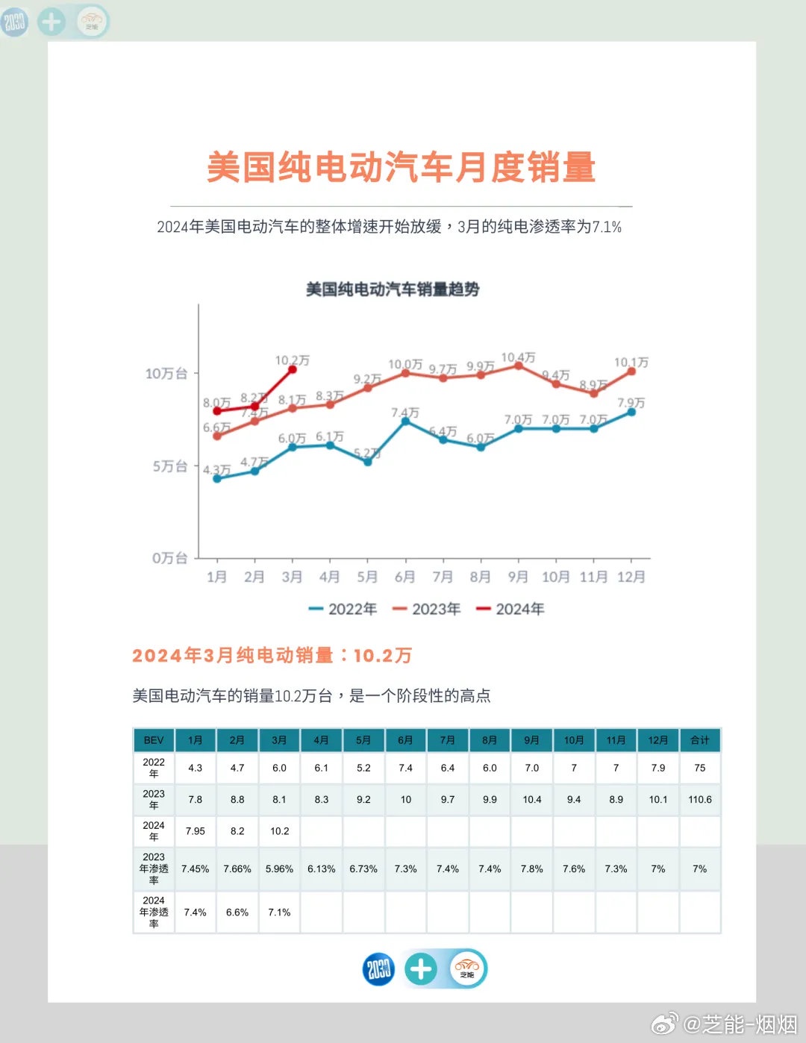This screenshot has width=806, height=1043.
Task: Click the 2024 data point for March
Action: click(x=293, y=369)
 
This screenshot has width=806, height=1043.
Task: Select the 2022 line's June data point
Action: click(x=405, y=421)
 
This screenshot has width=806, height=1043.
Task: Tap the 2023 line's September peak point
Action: click(x=518, y=366)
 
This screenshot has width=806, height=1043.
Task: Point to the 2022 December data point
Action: click(x=631, y=412)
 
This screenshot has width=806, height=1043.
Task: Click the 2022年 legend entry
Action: click(x=343, y=610)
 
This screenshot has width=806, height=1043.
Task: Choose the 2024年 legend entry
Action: click(x=510, y=610)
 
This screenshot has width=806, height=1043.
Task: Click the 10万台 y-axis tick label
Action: click(x=166, y=373)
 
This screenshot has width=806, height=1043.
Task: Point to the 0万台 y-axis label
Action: click(x=169, y=558)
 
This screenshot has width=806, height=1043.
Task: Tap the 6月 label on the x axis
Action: click(x=404, y=577)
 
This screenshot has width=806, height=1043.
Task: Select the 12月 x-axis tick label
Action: click(x=631, y=577)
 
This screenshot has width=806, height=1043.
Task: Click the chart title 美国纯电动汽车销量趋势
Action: click(x=393, y=289)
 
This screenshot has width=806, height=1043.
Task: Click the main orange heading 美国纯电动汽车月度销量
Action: click(x=402, y=167)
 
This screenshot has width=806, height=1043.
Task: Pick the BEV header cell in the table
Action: click(x=154, y=740)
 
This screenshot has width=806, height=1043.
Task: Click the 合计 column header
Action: click(x=700, y=740)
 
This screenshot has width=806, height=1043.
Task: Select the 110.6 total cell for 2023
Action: click(x=700, y=800)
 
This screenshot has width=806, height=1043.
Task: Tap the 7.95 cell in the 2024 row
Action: click(x=196, y=831)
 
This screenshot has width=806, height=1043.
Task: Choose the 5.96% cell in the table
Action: click(x=279, y=869)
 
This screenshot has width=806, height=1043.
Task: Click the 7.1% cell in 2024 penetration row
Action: click(x=279, y=912)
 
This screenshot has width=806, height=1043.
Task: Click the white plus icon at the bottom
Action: click(x=421, y=969)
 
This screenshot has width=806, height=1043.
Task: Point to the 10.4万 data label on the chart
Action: click(x=518, y=357)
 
